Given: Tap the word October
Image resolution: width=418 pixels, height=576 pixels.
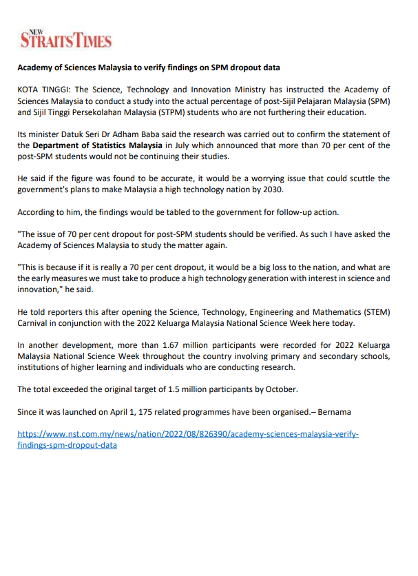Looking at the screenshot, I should [280, 389].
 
